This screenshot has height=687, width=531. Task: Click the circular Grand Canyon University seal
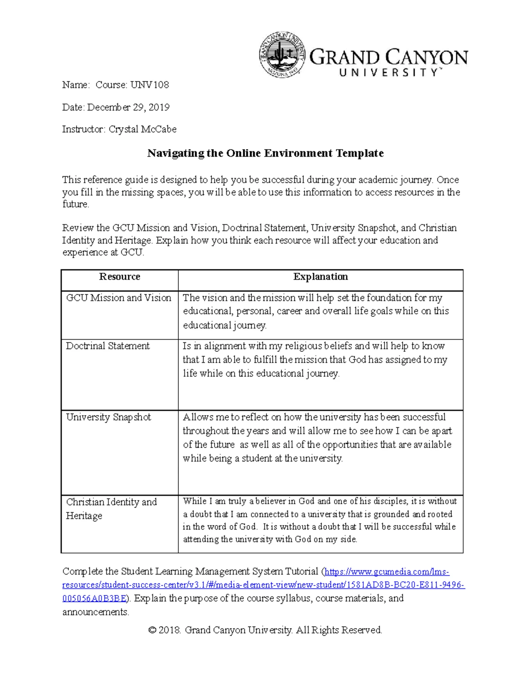coord(282,55)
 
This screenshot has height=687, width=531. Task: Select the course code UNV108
coord(150,84)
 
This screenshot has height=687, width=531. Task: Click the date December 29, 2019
coord(128,107)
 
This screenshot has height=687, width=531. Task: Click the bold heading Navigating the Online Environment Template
coord(265,153)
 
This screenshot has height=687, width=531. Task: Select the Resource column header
coord(119,277)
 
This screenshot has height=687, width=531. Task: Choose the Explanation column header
coord(320,277)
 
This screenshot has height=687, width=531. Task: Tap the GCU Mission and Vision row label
coord(119,298)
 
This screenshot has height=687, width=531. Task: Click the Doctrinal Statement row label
coord(108,346)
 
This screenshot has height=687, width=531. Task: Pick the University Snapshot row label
coord(108,417)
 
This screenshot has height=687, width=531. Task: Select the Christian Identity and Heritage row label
coord(112,509)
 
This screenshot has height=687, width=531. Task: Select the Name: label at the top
coord(76,84)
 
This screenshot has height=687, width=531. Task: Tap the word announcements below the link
coord(95,612)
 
